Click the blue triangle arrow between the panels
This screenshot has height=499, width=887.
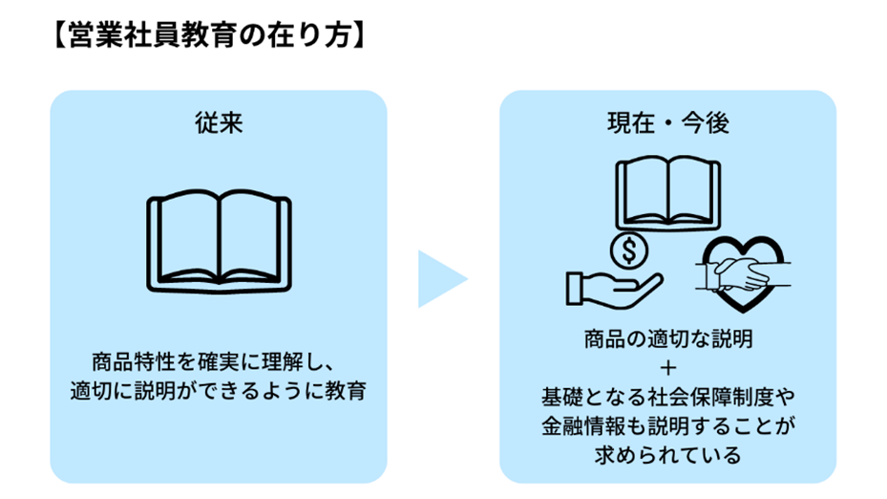pyautogui.click(x=441, y=279)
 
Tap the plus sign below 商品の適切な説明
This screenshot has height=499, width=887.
pyautogui.click(x=667, y=368)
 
